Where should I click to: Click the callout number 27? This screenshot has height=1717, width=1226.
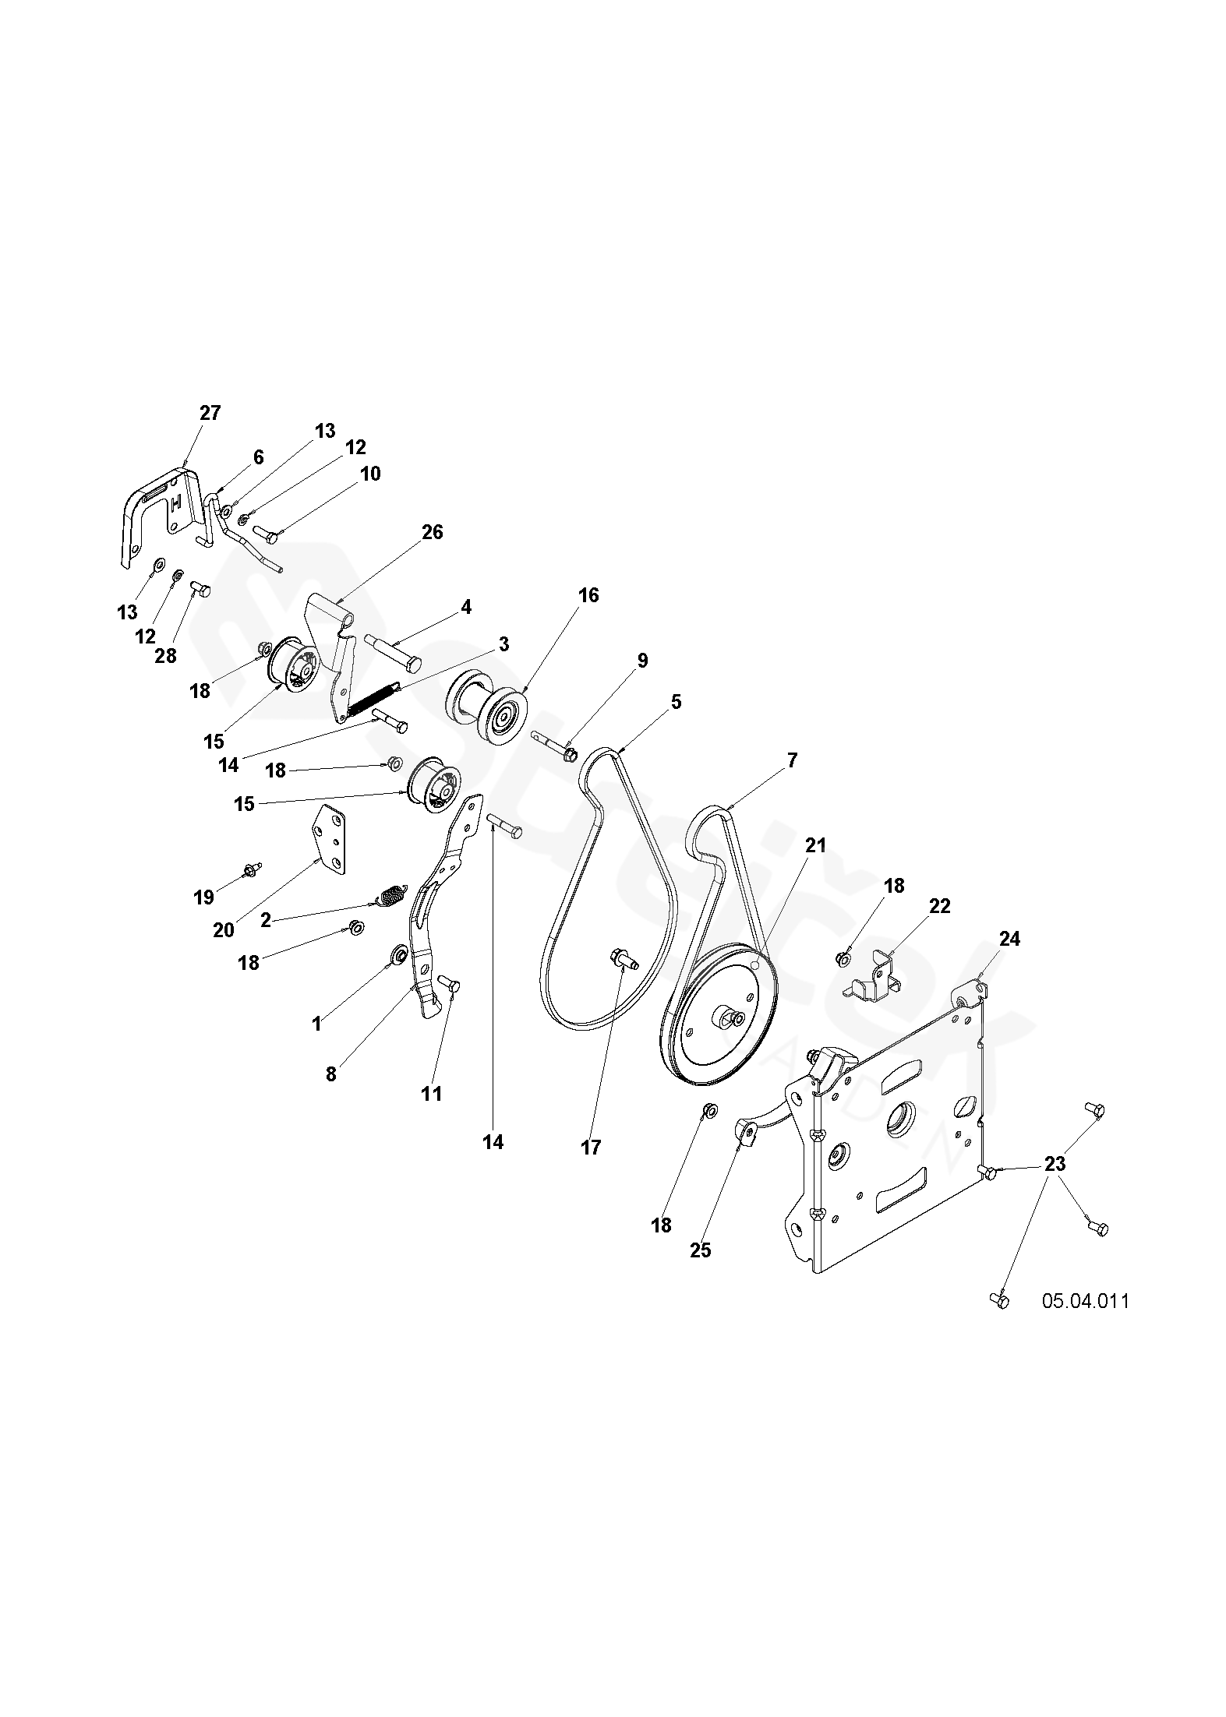(x=210, y=413)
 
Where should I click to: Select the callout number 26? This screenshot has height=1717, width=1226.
(x=433, y=532)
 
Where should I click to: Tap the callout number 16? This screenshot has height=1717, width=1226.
(x=588, y=596)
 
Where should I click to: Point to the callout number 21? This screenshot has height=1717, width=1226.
(x=815, y=845)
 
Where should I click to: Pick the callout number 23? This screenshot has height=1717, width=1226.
(x=1055, y=1164)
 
